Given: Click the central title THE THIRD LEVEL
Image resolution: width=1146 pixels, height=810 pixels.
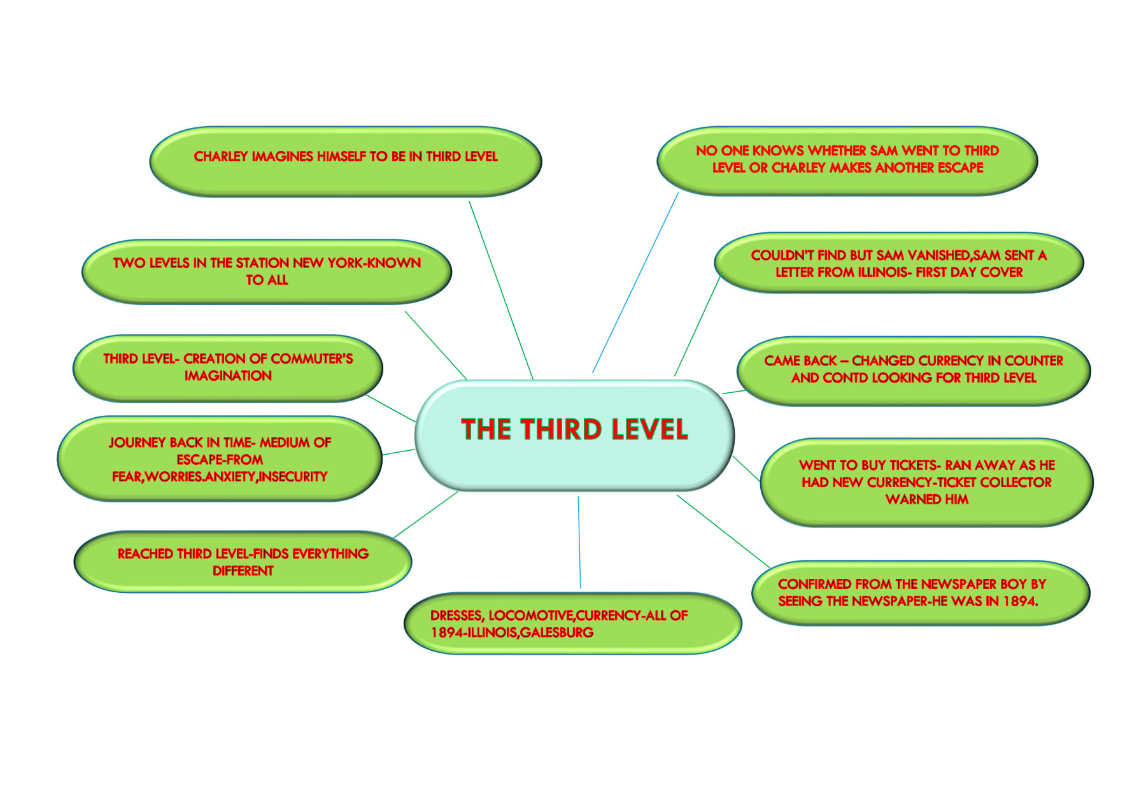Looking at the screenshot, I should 574,430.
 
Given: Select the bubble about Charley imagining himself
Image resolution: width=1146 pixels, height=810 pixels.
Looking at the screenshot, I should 346,161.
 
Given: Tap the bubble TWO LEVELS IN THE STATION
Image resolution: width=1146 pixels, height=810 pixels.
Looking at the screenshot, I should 267,272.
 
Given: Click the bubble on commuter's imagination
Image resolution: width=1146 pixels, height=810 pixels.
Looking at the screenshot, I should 228,368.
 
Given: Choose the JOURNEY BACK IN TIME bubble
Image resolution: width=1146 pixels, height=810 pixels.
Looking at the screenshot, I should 220,459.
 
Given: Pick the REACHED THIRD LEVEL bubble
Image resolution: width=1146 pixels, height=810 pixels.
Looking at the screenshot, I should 243,562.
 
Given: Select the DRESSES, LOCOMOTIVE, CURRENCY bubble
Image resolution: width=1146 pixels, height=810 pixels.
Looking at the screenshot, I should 572,623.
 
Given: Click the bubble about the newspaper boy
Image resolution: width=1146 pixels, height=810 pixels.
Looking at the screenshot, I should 920,593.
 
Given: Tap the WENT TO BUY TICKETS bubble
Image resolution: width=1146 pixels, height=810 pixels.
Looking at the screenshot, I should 926,482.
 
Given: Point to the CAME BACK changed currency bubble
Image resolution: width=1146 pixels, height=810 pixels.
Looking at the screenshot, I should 914,370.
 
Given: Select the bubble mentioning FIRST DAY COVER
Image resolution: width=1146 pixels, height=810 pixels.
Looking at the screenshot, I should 898,263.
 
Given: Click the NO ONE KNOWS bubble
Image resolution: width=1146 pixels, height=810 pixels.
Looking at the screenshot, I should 847,160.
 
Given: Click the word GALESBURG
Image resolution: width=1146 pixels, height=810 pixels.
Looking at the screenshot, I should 557,633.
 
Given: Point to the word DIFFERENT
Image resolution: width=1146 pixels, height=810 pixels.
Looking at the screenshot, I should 243,571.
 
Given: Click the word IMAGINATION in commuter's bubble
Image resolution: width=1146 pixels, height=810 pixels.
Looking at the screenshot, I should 228,376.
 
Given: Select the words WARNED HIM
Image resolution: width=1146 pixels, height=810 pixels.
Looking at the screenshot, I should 926,500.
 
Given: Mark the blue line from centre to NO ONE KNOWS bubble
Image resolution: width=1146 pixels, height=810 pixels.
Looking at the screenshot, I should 635,283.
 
